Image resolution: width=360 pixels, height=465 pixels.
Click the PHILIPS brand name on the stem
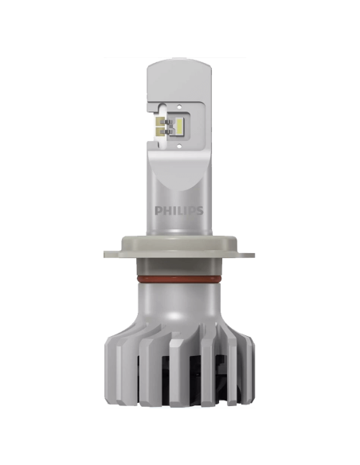[x=179, y=212]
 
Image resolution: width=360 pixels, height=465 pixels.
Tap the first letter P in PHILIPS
[x=158, y=212]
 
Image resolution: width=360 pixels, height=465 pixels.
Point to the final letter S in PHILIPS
[x=200, y=212]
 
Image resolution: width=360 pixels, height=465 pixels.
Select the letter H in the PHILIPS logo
[x=166, y=212]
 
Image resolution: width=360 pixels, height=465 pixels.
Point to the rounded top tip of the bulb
[x=180, y=60]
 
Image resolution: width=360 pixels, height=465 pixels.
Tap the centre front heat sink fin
[x=179, y=374]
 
